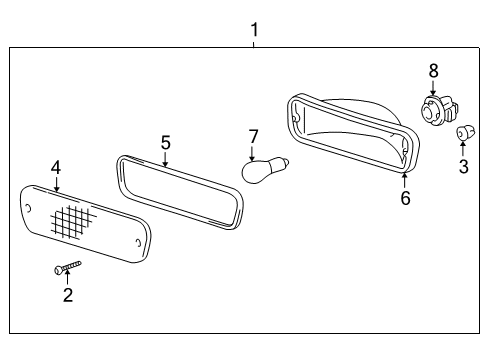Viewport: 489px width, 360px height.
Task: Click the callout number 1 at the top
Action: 254,30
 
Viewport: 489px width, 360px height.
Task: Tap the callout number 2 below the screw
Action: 67,295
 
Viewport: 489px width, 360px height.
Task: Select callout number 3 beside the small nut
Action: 463,166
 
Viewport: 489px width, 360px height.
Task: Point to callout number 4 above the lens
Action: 56,168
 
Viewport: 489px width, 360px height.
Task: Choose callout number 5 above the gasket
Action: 165,142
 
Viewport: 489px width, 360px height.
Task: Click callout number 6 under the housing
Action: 405,198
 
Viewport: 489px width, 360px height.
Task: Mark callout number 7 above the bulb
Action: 253,135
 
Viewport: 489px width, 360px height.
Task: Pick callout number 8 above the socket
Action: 433,70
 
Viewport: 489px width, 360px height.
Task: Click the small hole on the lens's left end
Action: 31,209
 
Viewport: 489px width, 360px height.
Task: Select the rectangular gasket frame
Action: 180,191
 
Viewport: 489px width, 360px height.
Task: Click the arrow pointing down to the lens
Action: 56,183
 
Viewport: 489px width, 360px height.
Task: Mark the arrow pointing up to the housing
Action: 404,180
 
